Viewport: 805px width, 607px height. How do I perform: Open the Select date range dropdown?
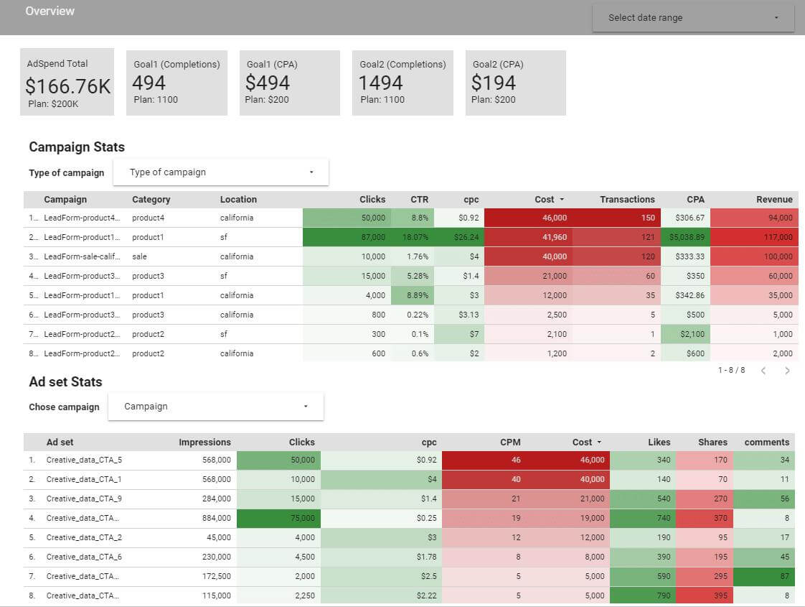(693, 18)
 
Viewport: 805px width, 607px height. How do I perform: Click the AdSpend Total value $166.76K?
(68, 86)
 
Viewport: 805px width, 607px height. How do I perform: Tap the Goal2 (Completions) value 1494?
(381, 83)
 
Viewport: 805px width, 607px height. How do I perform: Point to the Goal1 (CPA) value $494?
(268, 83)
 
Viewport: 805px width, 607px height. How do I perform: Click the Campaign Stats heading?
(77, 147)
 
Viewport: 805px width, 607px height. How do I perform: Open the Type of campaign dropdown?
(221, 172)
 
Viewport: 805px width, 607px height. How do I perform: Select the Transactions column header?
(627, 200)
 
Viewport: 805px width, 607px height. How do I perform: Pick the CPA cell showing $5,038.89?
(687, 237)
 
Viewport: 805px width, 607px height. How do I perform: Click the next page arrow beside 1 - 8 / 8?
(787, 371)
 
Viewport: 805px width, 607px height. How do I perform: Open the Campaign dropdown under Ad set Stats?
(216, 407)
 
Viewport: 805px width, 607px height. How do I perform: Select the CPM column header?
(510, 442)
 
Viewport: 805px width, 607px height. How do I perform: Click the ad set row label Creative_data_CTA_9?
(84, 499)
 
